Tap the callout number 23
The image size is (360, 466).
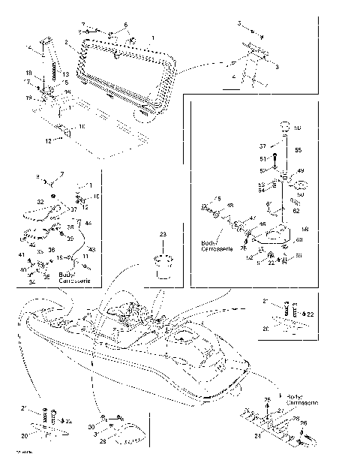pyautogui.click(x=163, y=234)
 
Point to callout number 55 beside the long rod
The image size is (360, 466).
pyautogui.click(x=298, y=151)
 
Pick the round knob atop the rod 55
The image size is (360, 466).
pyautogui.click(x=285, y=127)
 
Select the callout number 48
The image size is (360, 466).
pyautogui.click(x=229, y=206)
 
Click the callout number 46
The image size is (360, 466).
pyautogui.click(x=262, y=224)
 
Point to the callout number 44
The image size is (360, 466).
pyautogui.click(x=88, y=224)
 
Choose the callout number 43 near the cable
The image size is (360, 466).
pyautogui.click(x=92, y=248)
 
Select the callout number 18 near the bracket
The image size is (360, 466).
pyautogui.click(x=28, y=73)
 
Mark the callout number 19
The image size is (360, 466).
pyautogui.click(x=28, y=98)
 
